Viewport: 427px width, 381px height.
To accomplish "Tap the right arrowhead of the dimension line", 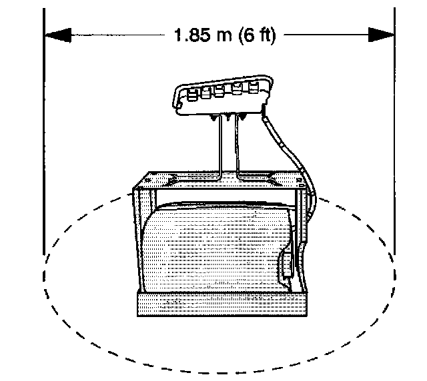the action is point(382,35).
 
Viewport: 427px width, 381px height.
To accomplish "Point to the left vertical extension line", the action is point(43,133).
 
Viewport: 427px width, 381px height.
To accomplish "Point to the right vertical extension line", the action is point(394,133).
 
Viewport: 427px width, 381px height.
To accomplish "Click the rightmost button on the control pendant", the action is point(254,87).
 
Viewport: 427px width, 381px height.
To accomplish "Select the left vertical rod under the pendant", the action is point(219,147).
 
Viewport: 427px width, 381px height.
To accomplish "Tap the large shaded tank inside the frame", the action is point(213,250).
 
